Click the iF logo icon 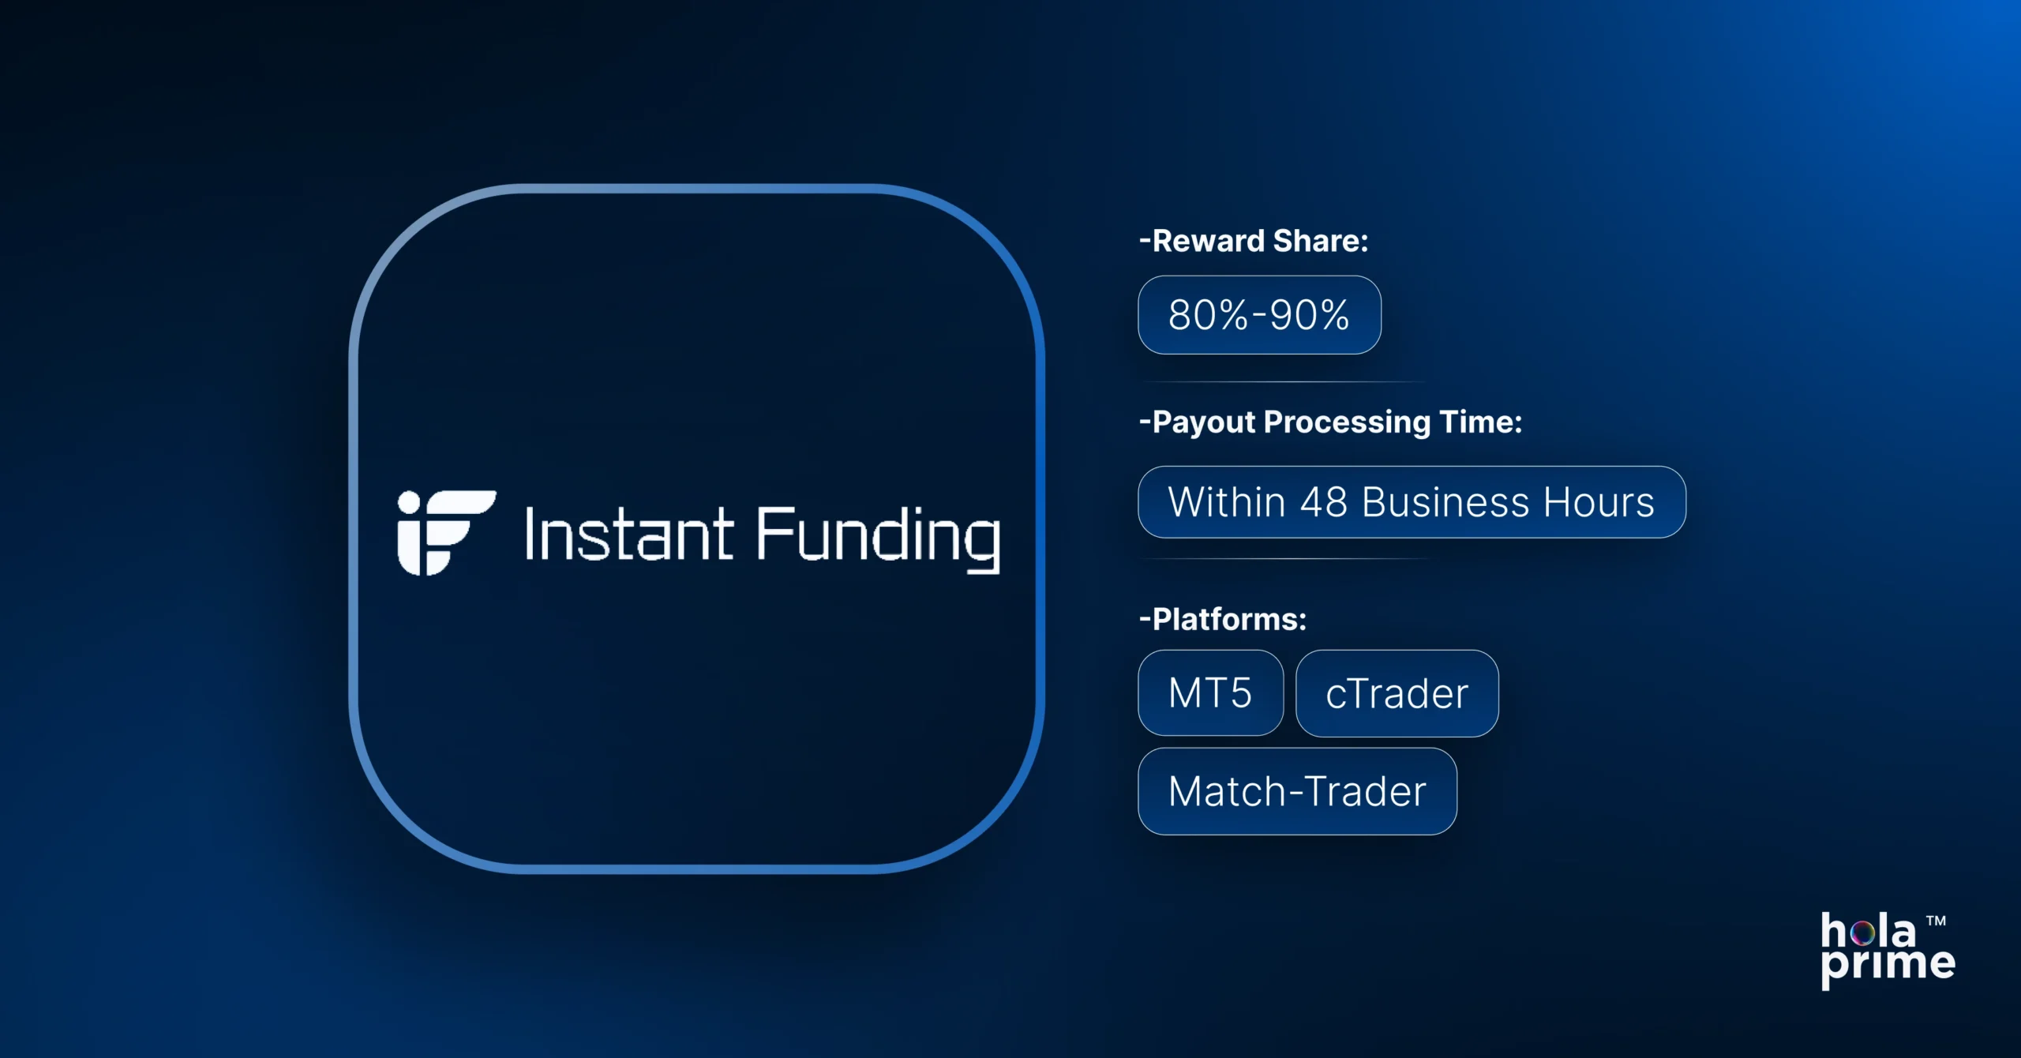point(445,532)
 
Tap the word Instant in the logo point(628,535)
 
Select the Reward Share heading point(1254,241)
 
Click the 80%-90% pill point(1259,315)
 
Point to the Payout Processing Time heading point(1330,422)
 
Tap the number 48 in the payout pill point(1323,502)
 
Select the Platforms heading point(1223,619)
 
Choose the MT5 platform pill point(1210,693)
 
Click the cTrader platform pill point(1397,694)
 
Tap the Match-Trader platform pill point(1297,791)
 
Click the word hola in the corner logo point(1868,932)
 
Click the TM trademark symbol point(1936,921)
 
